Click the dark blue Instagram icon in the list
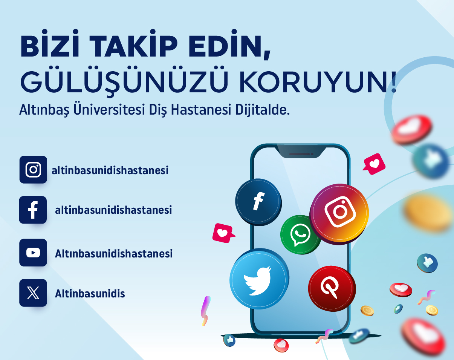click(x=33, y=170)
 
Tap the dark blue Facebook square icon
click(x=33, y=210)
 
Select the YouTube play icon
click(x=33, y=253)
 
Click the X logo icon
click(x=33, y=293)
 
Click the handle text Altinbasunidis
click(x=90, y=294)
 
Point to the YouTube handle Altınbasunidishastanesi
click(x=114, y=253)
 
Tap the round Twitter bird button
click(x=259, y=279)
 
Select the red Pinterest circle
click(x=332, y=289)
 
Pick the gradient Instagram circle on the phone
click(x=339, y=214)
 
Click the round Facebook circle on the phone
click(x=258, y=202)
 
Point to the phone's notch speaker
click(x=301, y=154)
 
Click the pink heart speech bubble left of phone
click(x=223, y=233)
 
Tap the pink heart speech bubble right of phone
click(x=374, y=164)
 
